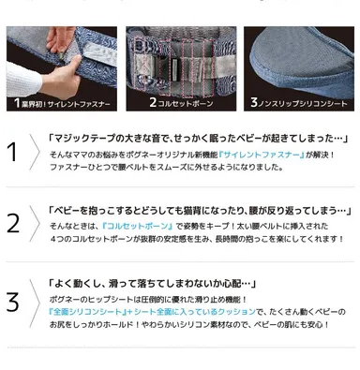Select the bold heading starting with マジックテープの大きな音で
pyautogui.click(x=187, y=137)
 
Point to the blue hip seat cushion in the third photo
pyautogui.click(x=300, y=52)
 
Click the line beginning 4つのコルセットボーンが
pyautogui.click(x=187, y=240)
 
